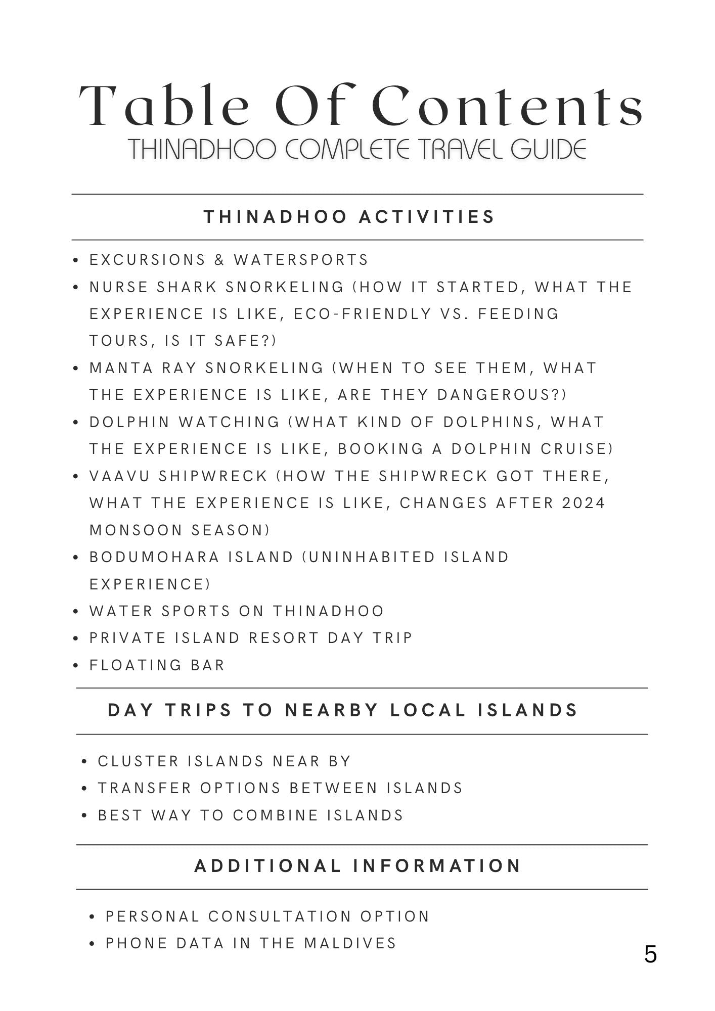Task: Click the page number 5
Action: click(x=650, y=954)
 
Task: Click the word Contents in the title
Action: click(x=507, y=107)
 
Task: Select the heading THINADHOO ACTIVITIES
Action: click(x=349, y=217)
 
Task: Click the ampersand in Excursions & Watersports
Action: click(x=219, y=260)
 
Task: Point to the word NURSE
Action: click(x=119, y=287)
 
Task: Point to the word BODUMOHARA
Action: click(x=155, y=557)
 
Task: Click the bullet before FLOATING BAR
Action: click(x=76, y=666)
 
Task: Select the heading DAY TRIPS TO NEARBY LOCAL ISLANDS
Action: click(x=342, y=710)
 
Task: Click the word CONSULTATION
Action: click(x=280, y=916)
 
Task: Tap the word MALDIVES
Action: click(x=350, y=943)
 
